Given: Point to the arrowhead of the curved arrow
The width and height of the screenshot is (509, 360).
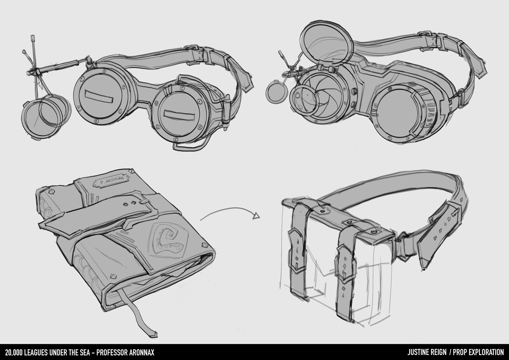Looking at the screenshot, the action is pyautogui.click(x=256, y=216).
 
